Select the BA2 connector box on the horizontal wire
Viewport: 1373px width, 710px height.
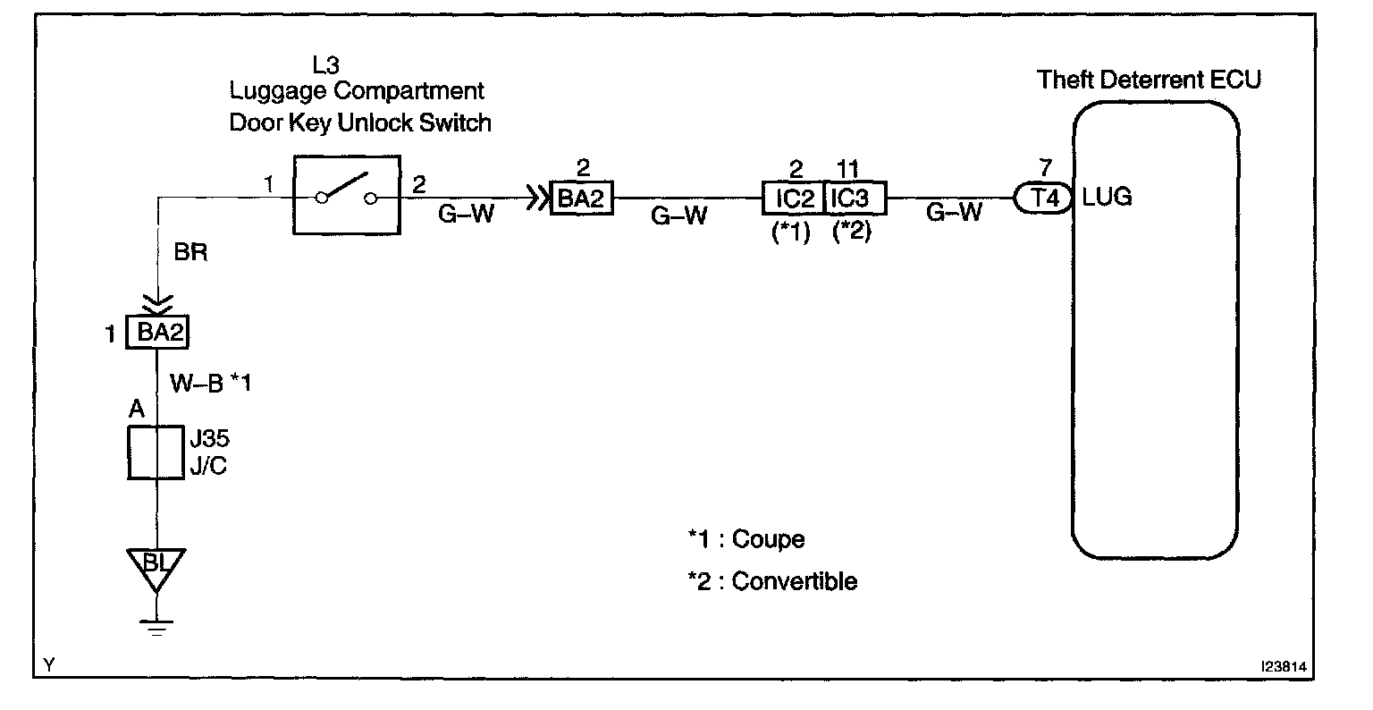click(582, 198)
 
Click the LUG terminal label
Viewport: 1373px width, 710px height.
click(1107, 197)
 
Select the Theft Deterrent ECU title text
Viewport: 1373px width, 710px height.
click(1149, 80)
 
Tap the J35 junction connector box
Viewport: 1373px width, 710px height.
click(157, 452)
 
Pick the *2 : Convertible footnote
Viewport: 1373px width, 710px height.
click(771, 581)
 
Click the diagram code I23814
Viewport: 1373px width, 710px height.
click(1289, 667)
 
